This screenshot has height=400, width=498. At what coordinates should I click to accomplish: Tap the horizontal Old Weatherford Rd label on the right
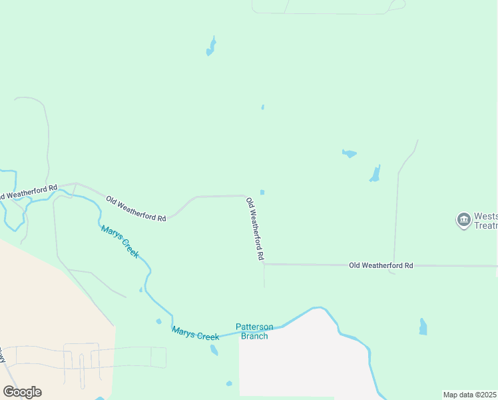[x=381, y=265]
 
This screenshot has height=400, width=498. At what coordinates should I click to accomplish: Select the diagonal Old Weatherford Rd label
[x=136, y=208]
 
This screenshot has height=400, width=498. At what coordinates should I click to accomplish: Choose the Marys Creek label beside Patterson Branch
[x=195, y=333]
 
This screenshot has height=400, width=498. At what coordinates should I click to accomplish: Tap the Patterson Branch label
[x=254, y=331]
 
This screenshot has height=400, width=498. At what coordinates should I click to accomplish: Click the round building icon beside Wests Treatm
[x=463, y=221]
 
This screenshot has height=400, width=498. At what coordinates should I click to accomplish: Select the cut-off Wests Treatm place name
[x=485, y=221]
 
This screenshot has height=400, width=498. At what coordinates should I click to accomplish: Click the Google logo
[x=23, y=392]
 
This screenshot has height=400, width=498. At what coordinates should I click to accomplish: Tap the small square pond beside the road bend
[x=262, y=193]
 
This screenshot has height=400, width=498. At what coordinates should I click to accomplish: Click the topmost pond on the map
[x=211, y=47]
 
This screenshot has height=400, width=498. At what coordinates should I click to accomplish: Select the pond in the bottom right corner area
[x=423, y=327]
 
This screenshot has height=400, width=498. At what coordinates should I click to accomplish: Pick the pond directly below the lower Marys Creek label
[x=214, y=350]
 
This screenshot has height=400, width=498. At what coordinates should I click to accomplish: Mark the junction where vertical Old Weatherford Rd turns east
[x=264, y=264]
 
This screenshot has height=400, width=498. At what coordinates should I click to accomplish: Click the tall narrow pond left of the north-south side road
[x=375, y=174]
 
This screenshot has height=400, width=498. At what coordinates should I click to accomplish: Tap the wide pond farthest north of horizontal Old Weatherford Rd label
[x=349, y=153]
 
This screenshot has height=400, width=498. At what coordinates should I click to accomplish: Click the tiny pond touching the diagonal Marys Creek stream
[x=140, y=290]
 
